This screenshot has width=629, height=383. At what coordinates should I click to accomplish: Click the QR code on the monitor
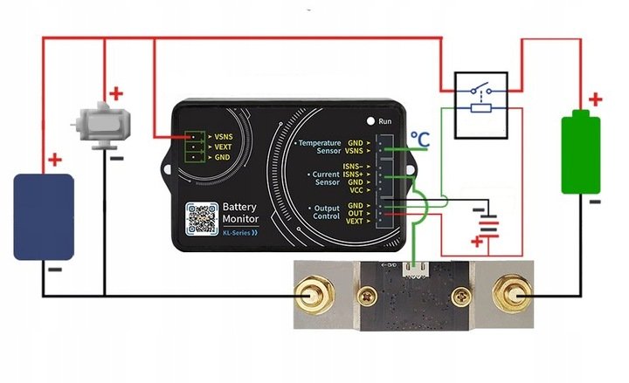(202, 218)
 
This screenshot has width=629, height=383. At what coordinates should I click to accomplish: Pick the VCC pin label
(355, 190)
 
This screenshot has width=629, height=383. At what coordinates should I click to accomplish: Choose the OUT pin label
(355, 214)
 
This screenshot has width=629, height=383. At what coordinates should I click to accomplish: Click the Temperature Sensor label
(317, 146)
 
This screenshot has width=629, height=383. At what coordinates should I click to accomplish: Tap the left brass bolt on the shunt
(311, 297)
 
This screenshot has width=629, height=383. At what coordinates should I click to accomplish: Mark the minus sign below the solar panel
(54, 270)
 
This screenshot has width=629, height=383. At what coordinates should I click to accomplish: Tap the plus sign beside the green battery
(595, 99)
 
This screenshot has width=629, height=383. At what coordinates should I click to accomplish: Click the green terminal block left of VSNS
(194, 147)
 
